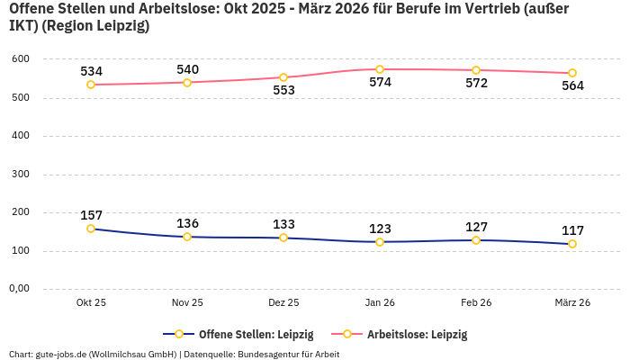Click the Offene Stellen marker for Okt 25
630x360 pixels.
click(91, 229)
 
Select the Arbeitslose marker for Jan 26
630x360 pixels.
click(380, 69)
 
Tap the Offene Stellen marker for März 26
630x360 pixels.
click(572, 244)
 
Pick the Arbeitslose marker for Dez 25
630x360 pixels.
click(283, 77)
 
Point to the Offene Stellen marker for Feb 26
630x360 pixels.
click(476, 240)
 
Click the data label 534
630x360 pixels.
click(91, 71)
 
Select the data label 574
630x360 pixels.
click(380, 83)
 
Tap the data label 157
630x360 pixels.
click(91, 215)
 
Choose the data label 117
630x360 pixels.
click(572, 230)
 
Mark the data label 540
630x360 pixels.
click(187, 69)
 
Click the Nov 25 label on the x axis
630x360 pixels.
click(187, 303)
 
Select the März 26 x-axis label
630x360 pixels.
click(572, 303)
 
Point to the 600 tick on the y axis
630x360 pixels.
click(21, 59)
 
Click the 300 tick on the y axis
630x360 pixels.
click(21, 175)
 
